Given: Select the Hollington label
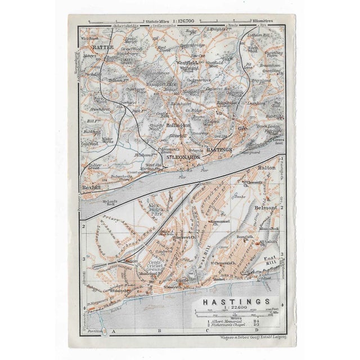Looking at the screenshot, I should click(x=179, y=126).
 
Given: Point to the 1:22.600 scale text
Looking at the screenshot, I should click(x=232, y=309).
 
